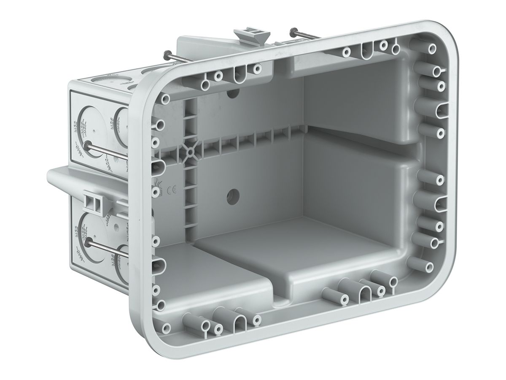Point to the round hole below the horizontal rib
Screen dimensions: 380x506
[x=232, y=195]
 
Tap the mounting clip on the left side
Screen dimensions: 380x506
[x=94, y=202]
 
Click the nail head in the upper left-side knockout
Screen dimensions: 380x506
[x=87, y=146]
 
